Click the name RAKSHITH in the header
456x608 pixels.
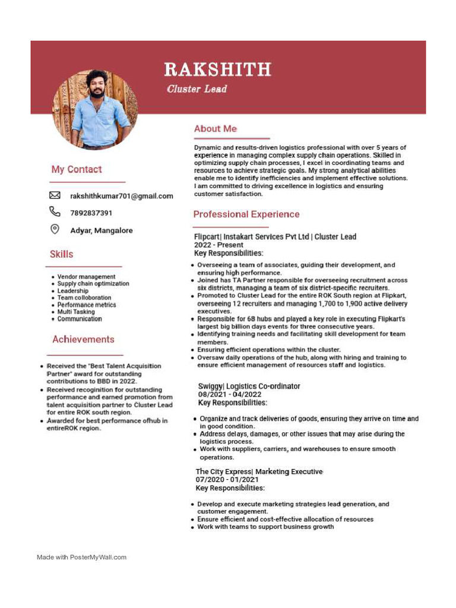click(x=217, y=69)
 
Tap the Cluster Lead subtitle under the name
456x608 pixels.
click(x=197, y=89)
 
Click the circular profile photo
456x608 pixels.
click(x=95, y=109)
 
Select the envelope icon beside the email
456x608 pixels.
click(x=55, y=195)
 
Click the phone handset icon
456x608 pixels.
click(x=55, y=211)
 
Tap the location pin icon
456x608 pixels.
click(x=55, y=230)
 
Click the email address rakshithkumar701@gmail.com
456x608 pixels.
click(x=122, y=196)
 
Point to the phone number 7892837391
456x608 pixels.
click(x=91, y=213)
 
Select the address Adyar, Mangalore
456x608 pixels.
click(x=102, y=230)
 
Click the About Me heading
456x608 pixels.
click(x=216, y=129)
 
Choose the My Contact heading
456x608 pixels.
click(x=77, y=170)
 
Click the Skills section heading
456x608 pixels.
click(x=62, y=254)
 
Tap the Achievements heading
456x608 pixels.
click(x=83, y=340)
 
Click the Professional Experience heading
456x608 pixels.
click(x=246, y=214)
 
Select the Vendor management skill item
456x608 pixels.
click(x=86, y=277)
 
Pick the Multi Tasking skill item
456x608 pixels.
click(x=76, y=312)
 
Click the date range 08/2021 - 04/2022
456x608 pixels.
click(x=230, y=394)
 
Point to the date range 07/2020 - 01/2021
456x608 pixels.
click(x=227, y=480)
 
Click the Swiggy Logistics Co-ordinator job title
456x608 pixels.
click(x=249, y=387)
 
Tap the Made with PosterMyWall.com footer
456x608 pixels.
click(x=82, y=557)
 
